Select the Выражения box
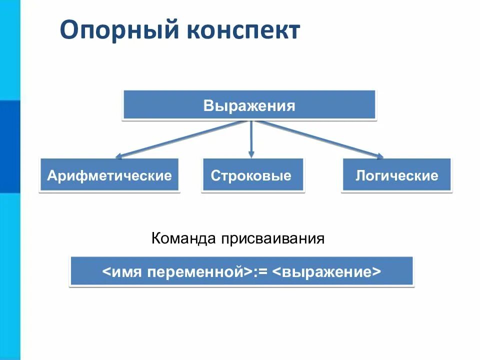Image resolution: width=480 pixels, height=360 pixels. point(249,105)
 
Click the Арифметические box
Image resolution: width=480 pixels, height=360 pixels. point(109,175)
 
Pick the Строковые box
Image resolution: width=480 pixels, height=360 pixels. point(252,175)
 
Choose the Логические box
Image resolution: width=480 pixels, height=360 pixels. point(396,175)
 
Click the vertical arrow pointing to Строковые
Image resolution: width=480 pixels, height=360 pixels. point(251,137)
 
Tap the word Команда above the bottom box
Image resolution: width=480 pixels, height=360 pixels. point(182,238)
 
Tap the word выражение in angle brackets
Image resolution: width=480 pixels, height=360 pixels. point(328,272)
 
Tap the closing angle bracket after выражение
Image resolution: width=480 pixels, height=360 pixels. point(376,272)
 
